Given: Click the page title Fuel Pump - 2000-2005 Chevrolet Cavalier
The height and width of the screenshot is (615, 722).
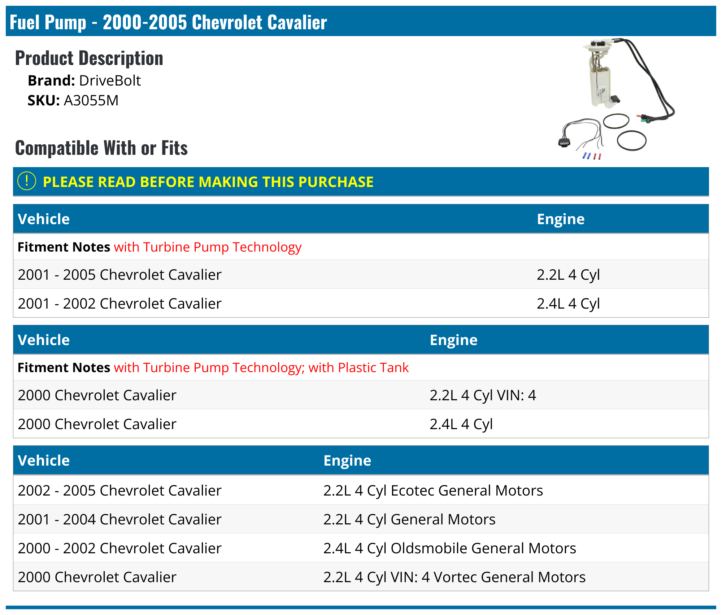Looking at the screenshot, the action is pos(168,22).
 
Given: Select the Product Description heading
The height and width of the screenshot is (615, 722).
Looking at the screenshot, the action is pos(89,58).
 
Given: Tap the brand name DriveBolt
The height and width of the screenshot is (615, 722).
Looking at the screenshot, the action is pos(110,80).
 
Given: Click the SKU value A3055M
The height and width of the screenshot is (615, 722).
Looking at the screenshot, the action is pos(91,100).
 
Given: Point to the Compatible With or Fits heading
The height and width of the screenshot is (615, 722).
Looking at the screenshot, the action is pos(101,148).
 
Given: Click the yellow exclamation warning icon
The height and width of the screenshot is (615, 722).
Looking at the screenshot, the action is pos(27,181).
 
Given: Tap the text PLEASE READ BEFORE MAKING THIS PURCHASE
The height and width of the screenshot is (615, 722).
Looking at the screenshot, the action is pos(208,182).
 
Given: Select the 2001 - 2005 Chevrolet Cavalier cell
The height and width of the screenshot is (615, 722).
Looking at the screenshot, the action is pos(119,275).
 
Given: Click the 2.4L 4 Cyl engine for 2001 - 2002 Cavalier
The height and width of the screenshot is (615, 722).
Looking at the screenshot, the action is pos(568,304).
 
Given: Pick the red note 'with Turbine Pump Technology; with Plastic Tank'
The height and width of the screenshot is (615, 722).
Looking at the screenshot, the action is pos(261,367).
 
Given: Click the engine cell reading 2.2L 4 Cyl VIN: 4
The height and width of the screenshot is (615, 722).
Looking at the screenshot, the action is pos(483,395).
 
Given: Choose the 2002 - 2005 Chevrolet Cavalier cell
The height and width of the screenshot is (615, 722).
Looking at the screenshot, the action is pos(119,490).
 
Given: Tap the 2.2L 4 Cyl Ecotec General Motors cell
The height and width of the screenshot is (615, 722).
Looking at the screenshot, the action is pos(433,490).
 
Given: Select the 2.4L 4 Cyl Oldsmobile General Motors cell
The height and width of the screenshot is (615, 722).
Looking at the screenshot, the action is pos(449,548).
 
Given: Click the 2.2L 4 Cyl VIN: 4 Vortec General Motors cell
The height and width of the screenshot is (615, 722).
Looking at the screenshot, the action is pos(454,577).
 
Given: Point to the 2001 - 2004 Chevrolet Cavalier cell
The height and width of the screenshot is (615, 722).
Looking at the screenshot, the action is pos(119,519).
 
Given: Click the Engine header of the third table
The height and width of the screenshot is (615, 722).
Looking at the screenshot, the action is pos(347,461).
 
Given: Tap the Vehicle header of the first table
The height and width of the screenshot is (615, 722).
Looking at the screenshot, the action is pos(44,219).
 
